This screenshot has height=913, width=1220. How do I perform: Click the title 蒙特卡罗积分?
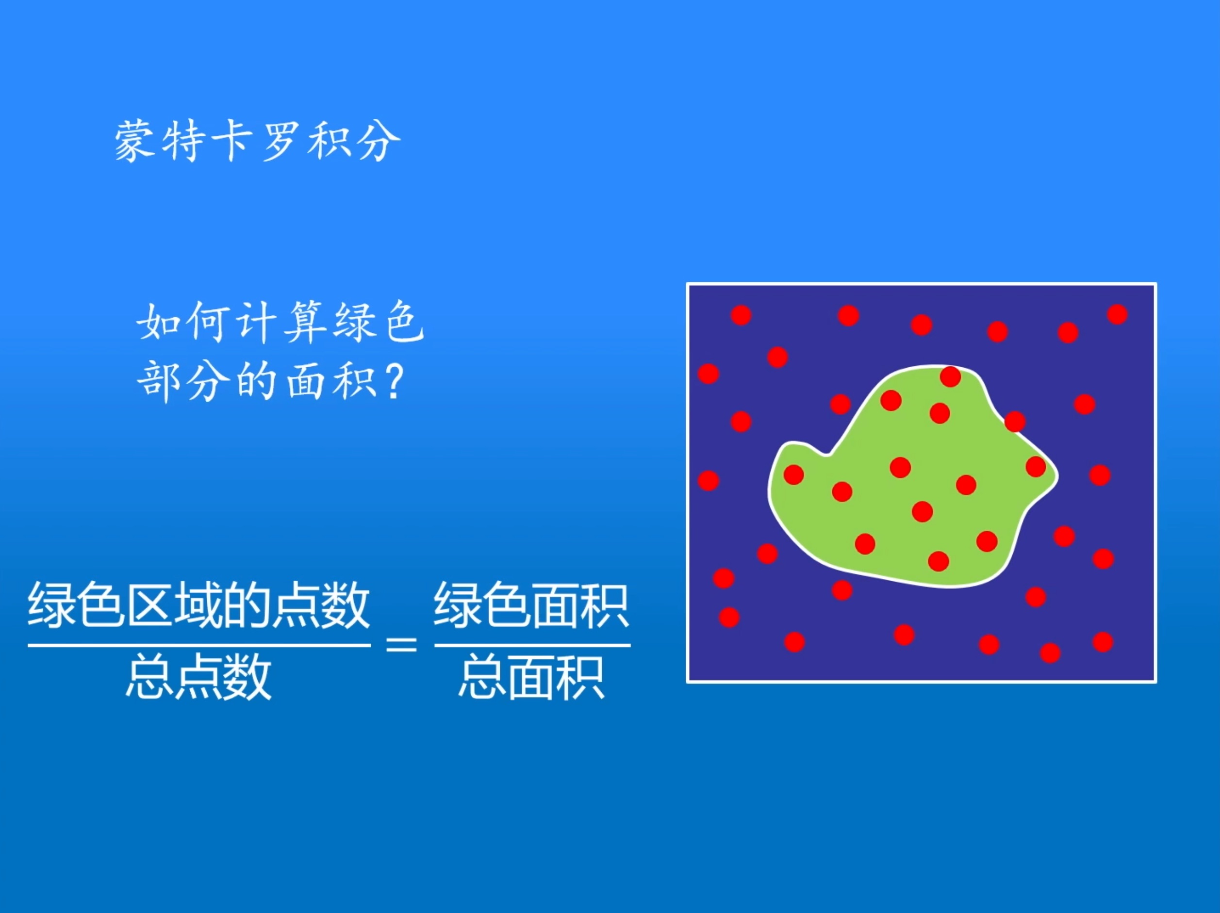point(257,141)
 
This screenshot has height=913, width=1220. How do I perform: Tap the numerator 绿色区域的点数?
point(198,606)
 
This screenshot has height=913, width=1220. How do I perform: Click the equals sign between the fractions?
point(401,644)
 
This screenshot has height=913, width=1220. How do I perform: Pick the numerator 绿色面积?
point(531,606)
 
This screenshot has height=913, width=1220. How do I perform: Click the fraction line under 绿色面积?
point(532,645)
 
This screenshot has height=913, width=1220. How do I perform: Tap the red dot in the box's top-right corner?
point(1117,314)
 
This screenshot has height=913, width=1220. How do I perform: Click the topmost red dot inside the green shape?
point(950,376)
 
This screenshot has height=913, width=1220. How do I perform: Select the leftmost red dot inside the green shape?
point(793,474)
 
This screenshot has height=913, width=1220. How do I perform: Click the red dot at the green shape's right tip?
point(1036,466)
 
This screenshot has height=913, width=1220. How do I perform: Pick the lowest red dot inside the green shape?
point(939,561)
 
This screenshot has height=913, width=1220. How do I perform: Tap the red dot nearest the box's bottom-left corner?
point(729,617)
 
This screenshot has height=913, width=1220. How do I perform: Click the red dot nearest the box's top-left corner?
point(741,315)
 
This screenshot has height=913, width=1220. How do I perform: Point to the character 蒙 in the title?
point(134,141)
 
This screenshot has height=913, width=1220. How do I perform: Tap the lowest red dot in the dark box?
point(1050,653)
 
